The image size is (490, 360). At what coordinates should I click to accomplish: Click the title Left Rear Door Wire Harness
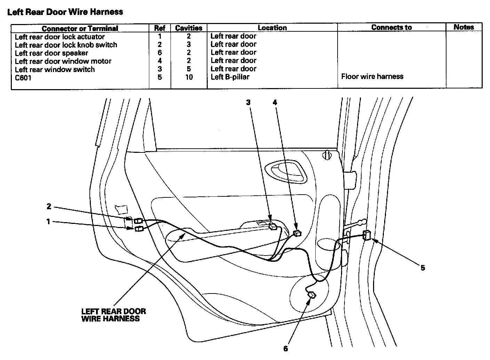pos(65,12)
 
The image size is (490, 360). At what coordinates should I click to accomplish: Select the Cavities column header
pos(189,28)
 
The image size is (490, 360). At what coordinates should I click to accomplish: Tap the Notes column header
pos(464,27)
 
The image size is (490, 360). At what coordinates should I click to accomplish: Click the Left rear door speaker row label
pos(52,53)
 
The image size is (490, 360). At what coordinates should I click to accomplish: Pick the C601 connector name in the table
pos(23,78)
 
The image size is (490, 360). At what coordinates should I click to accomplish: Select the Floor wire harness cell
pos(372,77)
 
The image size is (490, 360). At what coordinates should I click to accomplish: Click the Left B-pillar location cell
pos(230,77)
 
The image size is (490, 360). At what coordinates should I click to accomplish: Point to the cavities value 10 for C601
pos(189,77)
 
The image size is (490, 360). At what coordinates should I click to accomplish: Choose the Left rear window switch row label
pos(55,70)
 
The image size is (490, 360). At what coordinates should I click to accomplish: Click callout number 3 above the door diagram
pos(248,102)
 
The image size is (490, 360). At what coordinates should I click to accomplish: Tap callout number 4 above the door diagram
pos(275,102)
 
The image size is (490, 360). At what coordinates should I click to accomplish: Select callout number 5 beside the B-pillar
pos(422,268)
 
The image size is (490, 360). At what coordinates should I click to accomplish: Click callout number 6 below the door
pos(285,349)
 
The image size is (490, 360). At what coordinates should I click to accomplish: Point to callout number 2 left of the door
pos(49,206)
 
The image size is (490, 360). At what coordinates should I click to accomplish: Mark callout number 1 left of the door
pos(48,221)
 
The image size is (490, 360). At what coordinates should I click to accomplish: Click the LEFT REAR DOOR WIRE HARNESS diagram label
pos(113,315)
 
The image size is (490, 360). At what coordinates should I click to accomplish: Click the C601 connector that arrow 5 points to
pos(367,236)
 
